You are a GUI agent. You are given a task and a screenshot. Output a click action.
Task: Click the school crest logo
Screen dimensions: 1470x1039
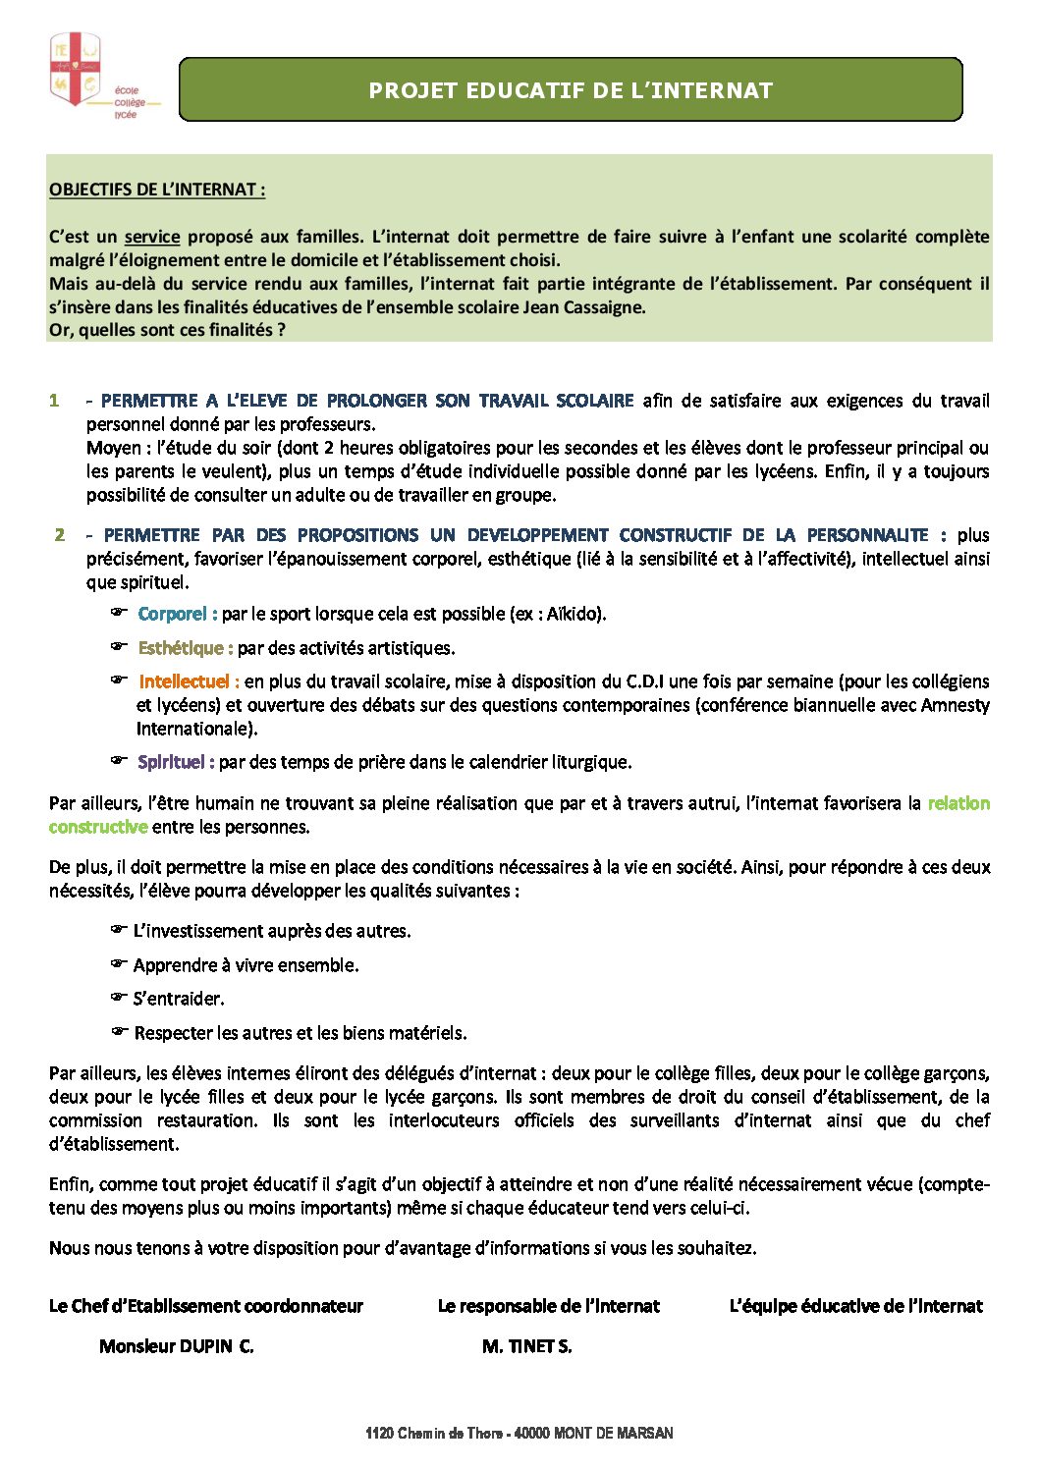76,69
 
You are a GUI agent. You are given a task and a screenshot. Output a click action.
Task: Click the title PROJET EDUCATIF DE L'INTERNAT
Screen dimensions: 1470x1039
571,90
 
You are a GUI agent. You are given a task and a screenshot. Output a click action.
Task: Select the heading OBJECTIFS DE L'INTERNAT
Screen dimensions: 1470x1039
157,190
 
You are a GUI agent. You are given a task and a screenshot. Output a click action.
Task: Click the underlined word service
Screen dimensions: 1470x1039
152,237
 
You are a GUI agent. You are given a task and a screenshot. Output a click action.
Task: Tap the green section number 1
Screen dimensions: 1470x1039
55,401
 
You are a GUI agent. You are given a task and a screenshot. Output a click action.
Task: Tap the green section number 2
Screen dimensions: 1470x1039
60,535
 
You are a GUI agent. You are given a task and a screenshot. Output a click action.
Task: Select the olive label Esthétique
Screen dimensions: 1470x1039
185,648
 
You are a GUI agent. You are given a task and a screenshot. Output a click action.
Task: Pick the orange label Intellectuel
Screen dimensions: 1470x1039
189,681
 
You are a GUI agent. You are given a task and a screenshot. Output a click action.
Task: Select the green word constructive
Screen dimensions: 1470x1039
98,827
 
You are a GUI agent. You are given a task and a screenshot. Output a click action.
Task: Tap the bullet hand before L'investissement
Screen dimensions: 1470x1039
119,929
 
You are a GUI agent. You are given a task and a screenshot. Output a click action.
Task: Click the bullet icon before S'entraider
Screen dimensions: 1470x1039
119,997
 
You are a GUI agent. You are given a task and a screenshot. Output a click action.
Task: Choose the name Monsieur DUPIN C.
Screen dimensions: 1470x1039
177,1346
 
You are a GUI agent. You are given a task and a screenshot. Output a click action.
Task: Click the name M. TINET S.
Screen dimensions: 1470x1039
526,1346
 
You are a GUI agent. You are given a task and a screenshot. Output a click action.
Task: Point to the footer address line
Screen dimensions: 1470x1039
519,1434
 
